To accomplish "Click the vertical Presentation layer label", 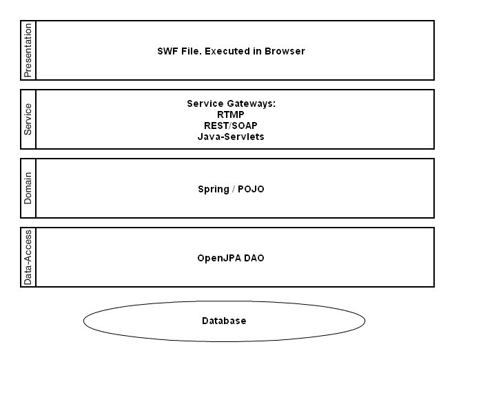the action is coord(28,50).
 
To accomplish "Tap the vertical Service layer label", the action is coord(28,119).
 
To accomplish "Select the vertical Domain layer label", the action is coord(28,188).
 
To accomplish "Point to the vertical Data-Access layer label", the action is coord(28,257).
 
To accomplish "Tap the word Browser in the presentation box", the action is coord(285,51).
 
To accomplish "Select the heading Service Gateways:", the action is coord(232,103).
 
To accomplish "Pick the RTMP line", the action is coord(231,114).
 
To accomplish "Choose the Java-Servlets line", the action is coord(231,137).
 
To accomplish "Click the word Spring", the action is coord(214,189).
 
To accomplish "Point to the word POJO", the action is coord(251,189).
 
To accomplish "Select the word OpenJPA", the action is coord(219,258).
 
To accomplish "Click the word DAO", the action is coord(254,258).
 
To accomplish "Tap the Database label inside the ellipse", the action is coord(224,321).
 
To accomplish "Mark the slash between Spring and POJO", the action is coord(234,189).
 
